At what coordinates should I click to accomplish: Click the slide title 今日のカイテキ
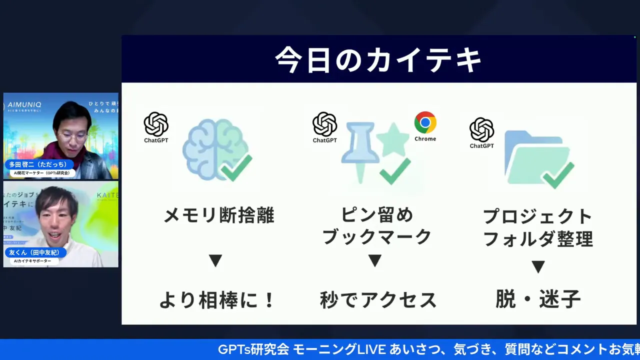378,60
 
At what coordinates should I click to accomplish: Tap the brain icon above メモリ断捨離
215,149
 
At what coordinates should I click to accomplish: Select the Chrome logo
425,122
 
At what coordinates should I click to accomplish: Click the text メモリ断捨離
219,216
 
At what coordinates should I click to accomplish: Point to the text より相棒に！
217,300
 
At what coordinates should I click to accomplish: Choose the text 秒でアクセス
378,300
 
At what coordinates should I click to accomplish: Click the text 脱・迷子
538,299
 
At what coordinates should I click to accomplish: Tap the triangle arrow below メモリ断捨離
215,260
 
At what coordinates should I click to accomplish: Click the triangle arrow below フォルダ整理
538,267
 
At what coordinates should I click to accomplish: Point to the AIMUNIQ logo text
25,105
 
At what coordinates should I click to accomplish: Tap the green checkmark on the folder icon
558,174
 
